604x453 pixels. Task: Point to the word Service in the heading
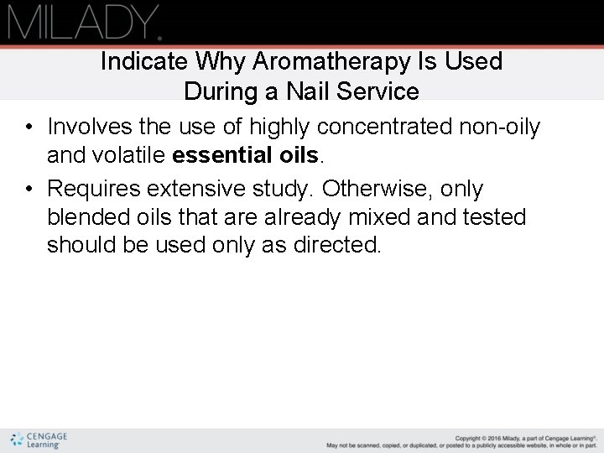point(382,91)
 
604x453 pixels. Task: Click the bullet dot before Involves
point(29,128)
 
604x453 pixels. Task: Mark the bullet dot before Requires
point(29,190)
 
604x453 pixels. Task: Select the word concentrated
point(384,127)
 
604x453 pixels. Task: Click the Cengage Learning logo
point(39,440)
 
